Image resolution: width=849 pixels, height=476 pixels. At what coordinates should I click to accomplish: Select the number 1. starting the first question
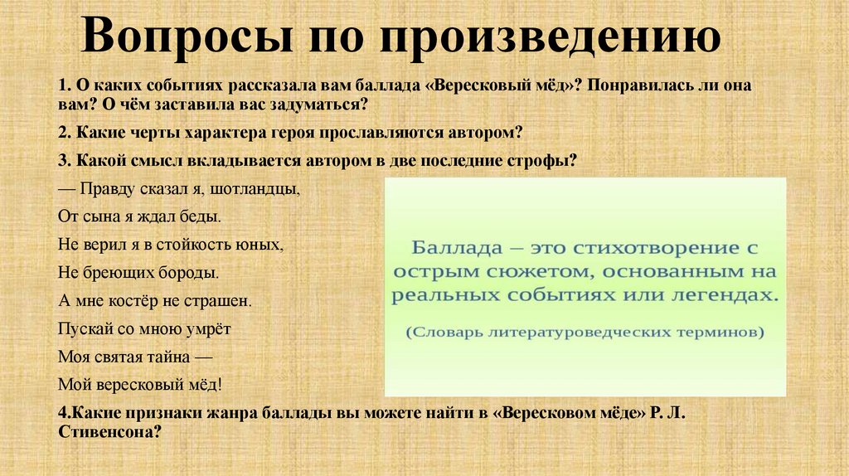[65, 87]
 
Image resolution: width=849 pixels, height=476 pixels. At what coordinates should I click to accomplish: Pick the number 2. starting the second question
[65, 133]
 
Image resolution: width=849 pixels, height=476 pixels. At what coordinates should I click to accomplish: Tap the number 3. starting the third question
[65, 161]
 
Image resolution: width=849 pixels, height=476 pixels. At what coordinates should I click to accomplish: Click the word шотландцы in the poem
[259, 189]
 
